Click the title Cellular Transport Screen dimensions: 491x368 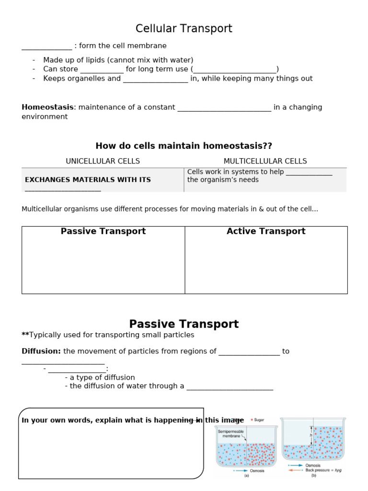click(x=184, y=29)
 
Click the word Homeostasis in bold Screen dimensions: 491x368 click(x=47, y=107)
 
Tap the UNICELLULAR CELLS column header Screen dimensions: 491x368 click(x=103, y=161)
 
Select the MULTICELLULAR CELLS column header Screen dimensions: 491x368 click(x=265, y=161)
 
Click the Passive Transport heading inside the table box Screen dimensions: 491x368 click(x=103, y=231)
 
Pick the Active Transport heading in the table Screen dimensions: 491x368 click(x=266, y=231)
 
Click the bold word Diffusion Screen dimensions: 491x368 click(x=41, y=351)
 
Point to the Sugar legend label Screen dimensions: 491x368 click(x=259, y=420)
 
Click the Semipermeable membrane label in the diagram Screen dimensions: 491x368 click(x=231, y=434)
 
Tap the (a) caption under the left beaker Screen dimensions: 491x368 click(x=246, y=476)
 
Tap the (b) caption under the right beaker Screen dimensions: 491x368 click(x=313, y=476)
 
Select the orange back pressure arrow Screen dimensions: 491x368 click(x=295, y=470)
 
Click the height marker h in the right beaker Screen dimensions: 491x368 click(x=310, y=435)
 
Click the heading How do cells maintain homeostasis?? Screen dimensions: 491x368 click(x=184, y=146)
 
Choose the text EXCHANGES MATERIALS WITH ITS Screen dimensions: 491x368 click(x=88, y=180)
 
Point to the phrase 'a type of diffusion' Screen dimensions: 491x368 click(x=102, y=377)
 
